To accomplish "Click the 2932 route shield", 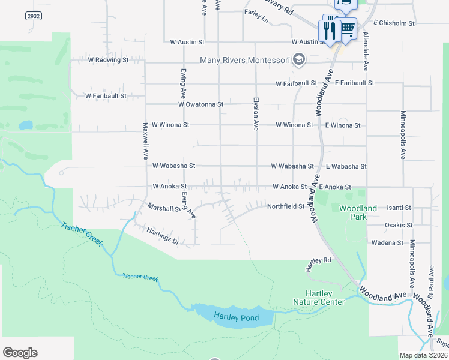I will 34,16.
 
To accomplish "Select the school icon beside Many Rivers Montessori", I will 300,59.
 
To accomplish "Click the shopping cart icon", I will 346,28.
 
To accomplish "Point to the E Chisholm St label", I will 394,23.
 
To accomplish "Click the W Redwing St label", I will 108,60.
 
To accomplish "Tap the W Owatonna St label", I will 200,104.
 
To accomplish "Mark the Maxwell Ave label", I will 145,140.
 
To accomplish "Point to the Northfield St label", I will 286,206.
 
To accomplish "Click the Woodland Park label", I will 358,212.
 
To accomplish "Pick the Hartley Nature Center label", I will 319,298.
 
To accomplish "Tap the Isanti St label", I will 399,208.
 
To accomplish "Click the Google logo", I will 20,353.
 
